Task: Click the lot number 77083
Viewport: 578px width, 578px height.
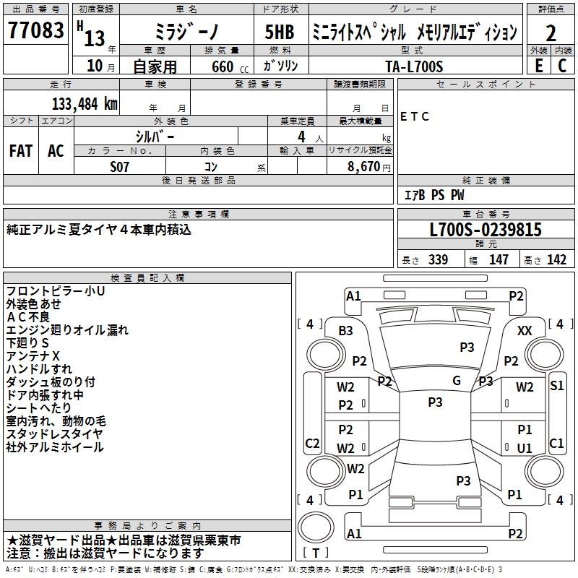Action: [x=35, y=31]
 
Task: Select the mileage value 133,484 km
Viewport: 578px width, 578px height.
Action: [x=84, y=103]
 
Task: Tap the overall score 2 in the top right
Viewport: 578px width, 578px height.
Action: [x=551, y=33]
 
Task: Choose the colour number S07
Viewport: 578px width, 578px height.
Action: [x=120, y=166]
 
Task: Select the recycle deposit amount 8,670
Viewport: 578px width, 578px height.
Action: [x=359, y=166]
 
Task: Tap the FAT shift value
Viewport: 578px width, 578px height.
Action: [x=21, y=151]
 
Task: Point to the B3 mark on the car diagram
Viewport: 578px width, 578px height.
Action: [x=345, y=331]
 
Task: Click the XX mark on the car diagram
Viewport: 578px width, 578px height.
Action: [x=525, y=331]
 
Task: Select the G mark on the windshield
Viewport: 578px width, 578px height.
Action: [x=457, y=381]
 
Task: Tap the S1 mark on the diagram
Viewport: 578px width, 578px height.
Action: [x=556, y=386]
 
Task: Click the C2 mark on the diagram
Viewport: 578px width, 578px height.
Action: [x=312, y=443]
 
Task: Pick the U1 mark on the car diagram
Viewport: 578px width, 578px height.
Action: [x=525, y=448]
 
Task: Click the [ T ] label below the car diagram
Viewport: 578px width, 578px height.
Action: [x=316, y=553]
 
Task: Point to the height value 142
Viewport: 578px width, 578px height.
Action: [x=556, y=260]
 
